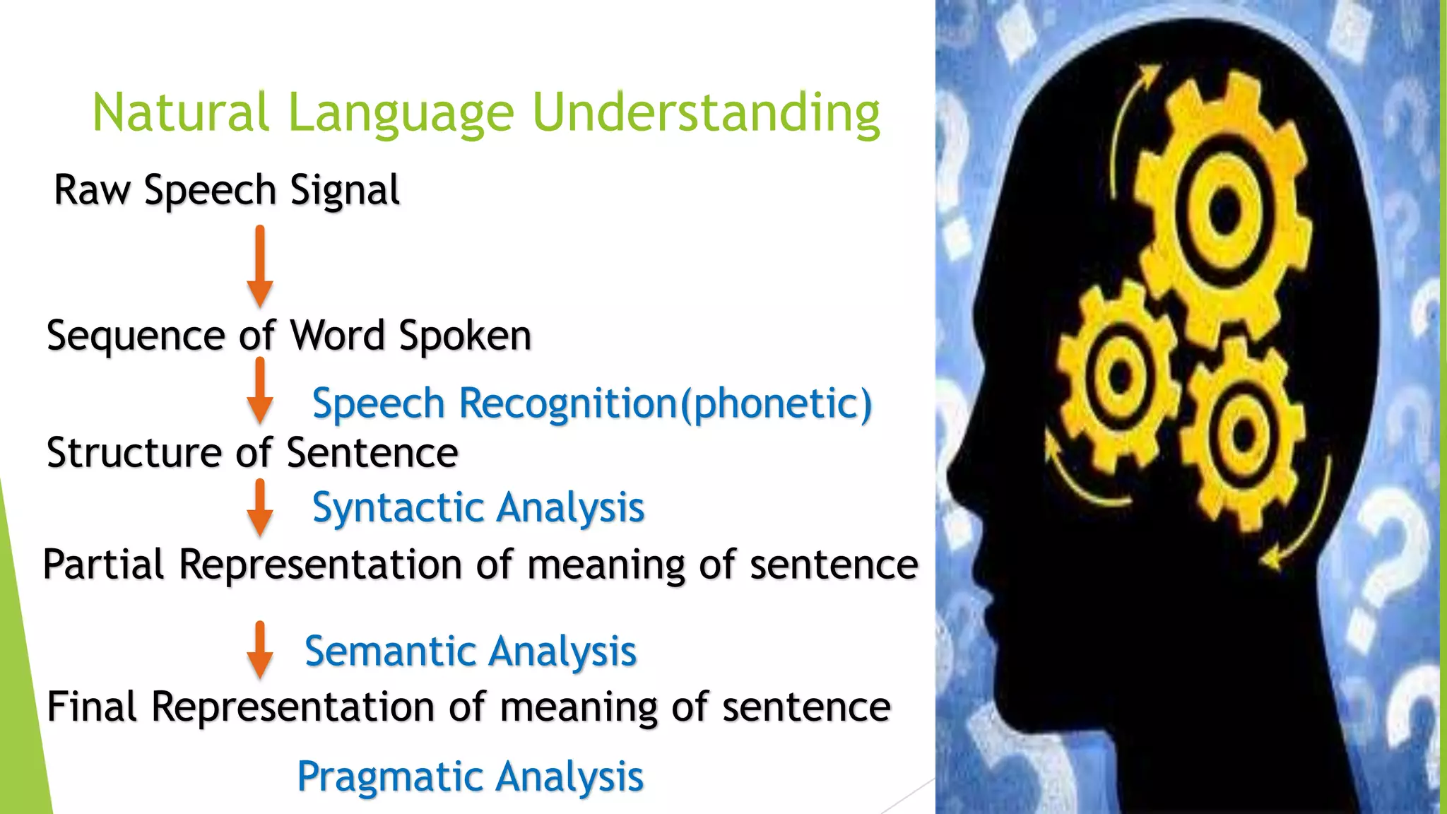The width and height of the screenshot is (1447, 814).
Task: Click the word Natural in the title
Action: [181, 113]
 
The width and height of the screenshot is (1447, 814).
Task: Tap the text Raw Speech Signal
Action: [227, 191]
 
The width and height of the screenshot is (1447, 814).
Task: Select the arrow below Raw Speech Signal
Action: [260, 266]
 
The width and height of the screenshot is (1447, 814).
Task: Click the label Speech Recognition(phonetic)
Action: [592, 404]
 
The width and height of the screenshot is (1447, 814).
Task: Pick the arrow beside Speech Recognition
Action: [260, 391]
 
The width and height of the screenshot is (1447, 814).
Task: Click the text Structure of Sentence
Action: [252, 453]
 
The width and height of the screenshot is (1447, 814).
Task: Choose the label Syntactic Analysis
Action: [478, 508]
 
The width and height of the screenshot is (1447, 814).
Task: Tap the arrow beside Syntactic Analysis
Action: [260, 507]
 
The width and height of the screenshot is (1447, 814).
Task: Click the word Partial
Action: [104, 565]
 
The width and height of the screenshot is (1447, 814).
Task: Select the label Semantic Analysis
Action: [471, 651]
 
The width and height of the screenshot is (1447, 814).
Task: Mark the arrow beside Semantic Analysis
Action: [260, 650]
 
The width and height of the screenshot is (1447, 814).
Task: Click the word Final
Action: [92, 707]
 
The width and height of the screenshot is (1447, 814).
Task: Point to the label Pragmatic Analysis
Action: [471, 777]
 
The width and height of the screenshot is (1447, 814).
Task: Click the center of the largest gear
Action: [1224, 208]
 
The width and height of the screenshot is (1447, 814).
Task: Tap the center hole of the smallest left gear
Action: [1120, 374]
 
